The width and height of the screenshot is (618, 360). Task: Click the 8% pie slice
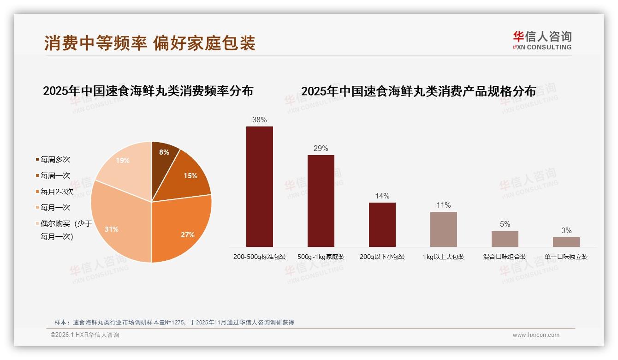[164, 157]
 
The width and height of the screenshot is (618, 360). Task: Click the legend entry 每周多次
[55, 160]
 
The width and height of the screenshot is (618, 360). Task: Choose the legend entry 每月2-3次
[56, 192]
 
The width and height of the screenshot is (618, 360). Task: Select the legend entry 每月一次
[55, 208]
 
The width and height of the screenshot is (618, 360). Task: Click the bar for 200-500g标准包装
[259, 186]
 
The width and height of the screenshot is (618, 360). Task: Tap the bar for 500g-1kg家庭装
[321, 201]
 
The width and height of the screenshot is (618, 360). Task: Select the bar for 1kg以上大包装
[443, 229]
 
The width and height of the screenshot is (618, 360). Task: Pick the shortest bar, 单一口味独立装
[566, 242]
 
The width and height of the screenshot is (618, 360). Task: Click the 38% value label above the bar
[259, 120]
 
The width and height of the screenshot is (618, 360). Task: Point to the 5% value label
[505, 224]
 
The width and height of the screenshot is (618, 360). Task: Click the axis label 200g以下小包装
[382, 257]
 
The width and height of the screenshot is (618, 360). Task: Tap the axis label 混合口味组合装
[505, 257]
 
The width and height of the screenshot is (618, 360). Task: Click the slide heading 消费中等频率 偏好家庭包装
[149, 43]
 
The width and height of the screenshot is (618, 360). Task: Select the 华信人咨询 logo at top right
[542, 40]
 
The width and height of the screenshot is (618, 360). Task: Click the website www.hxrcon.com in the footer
[536, 335]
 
